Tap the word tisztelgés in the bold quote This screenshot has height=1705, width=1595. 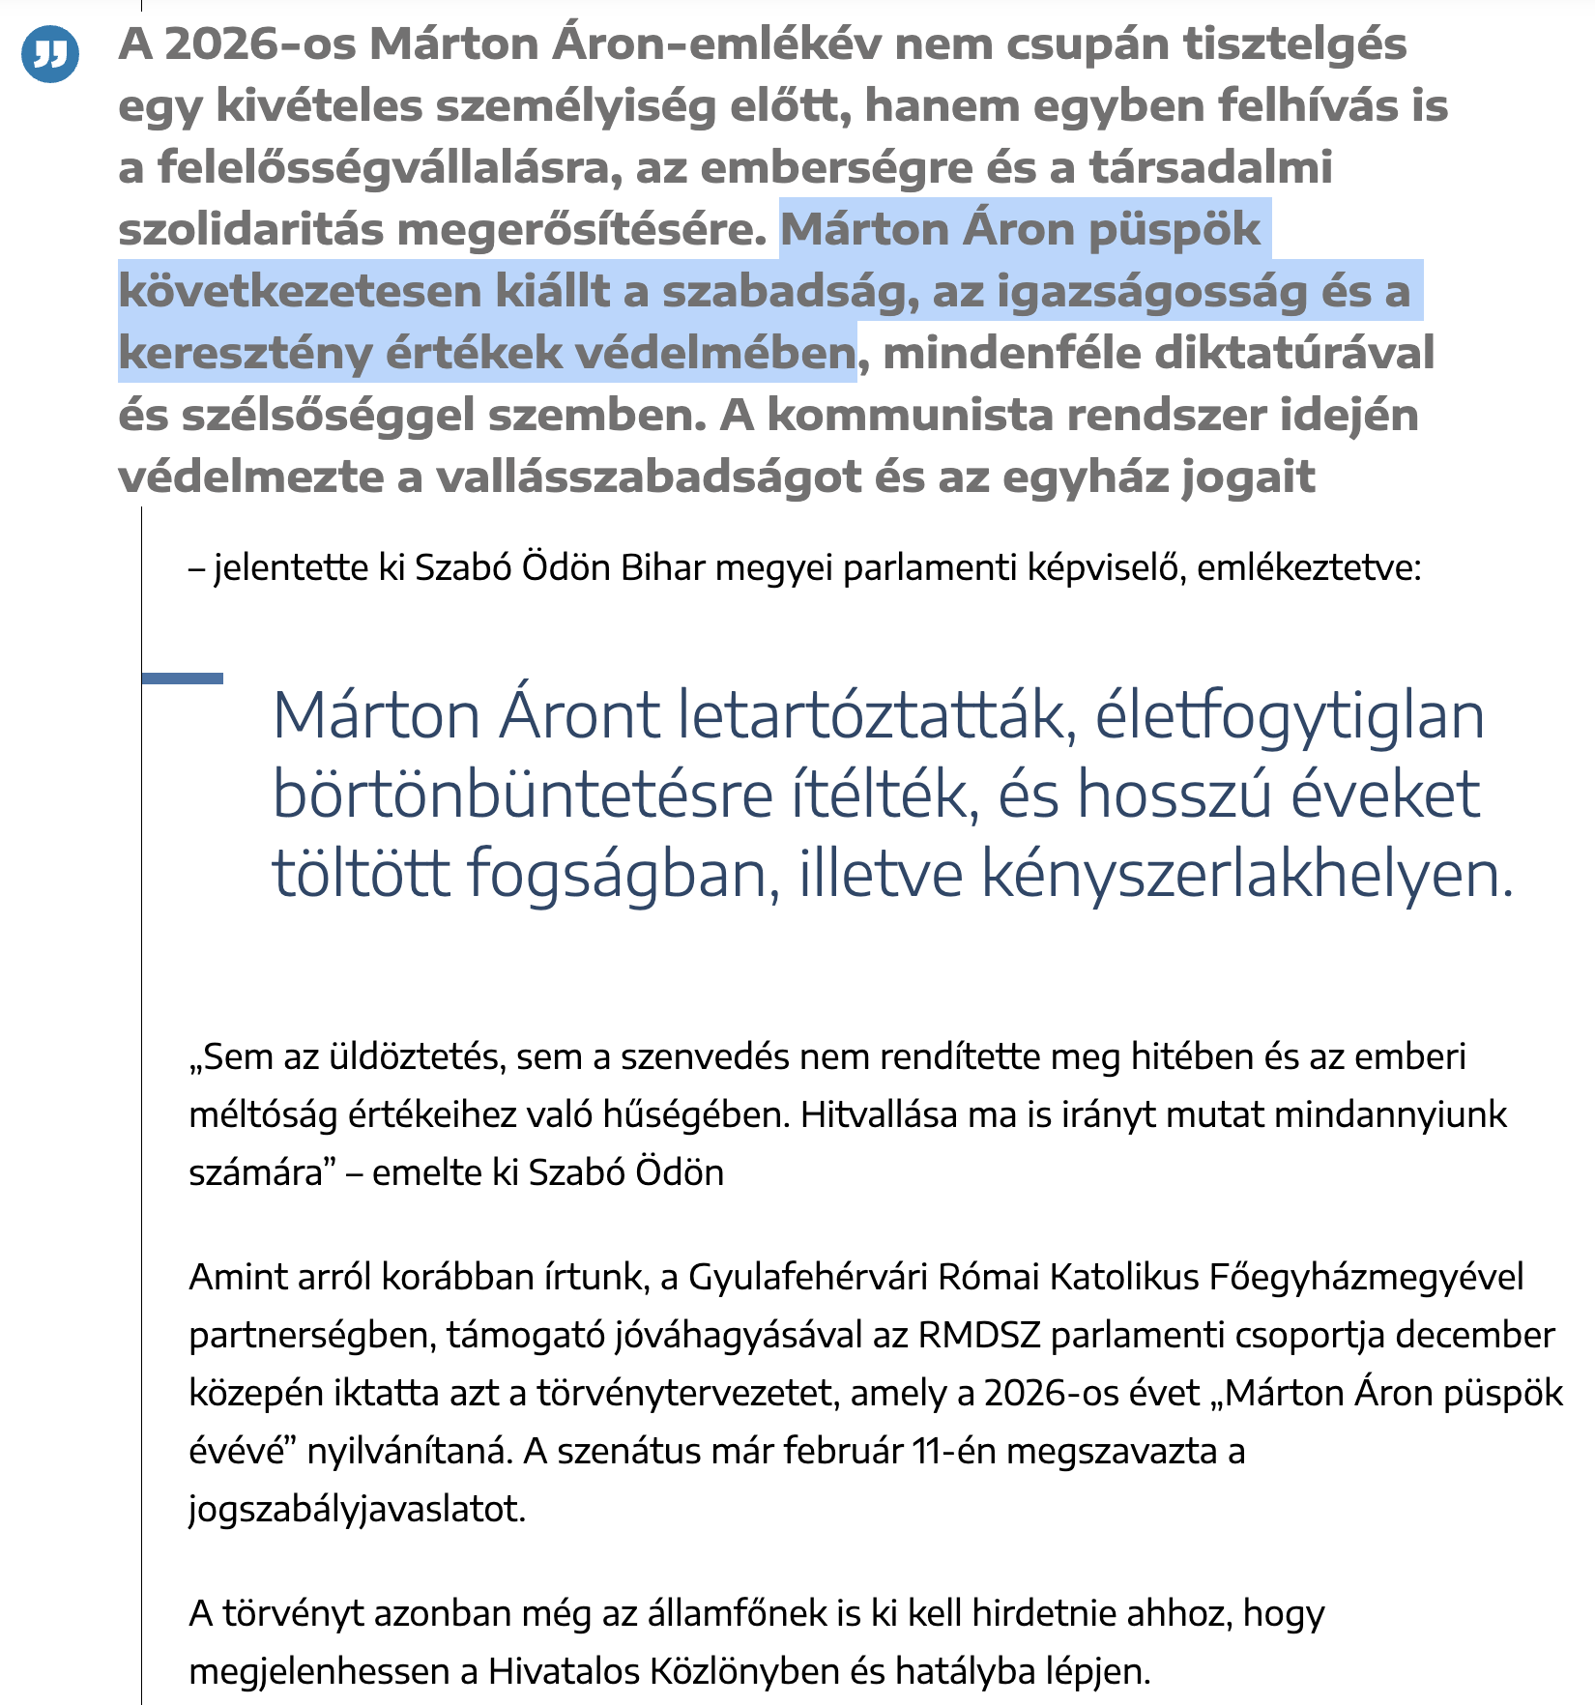(1295, 44)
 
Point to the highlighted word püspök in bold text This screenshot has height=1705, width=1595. (1174, 230)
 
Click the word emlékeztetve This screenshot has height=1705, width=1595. (1309, 568)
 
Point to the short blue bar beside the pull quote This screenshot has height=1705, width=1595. (182, 679)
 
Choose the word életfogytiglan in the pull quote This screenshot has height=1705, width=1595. (1290, 717)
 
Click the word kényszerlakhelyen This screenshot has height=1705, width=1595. (1247, 874)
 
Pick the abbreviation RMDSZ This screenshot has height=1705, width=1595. (979, 1336)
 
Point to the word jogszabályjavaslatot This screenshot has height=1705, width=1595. (357, 1510)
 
